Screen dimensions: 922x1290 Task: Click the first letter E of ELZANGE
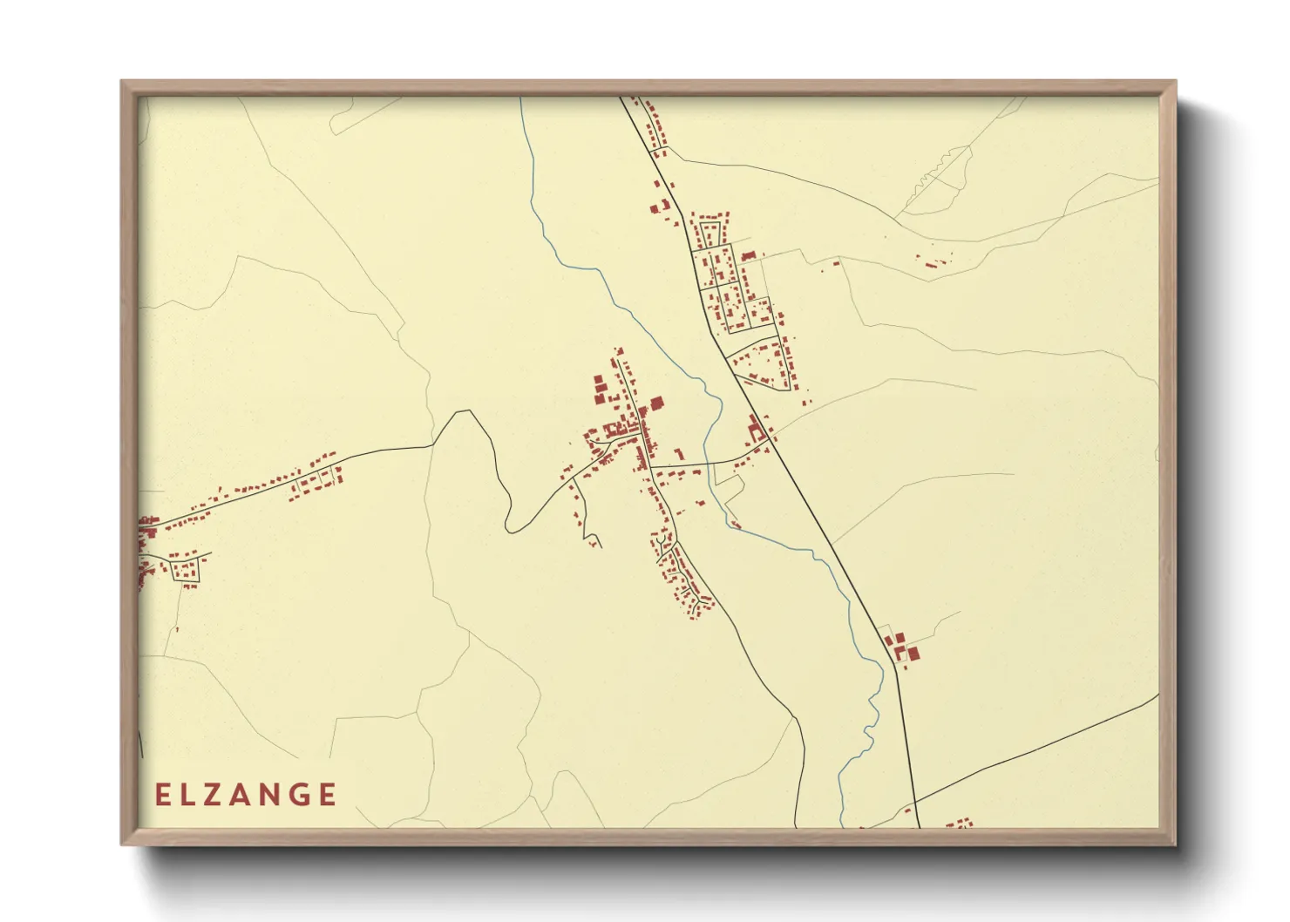point(163,795)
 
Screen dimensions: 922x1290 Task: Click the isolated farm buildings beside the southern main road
point(902,649)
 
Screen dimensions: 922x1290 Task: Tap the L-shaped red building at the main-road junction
point(755,427)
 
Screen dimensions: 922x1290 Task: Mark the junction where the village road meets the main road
point(770,441)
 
